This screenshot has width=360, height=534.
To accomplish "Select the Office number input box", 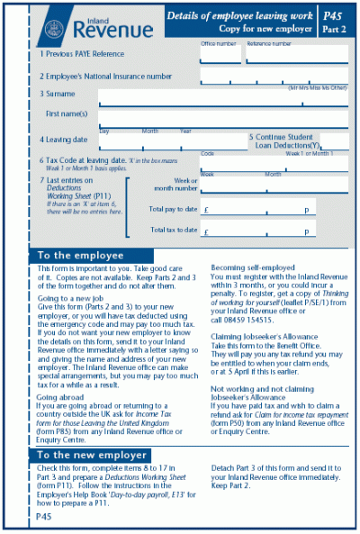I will click(x=220, y=53).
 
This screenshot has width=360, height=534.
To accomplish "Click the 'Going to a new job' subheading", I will click(x=69, y=296).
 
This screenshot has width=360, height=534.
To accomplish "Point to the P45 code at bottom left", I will click(x=44, y=520).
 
